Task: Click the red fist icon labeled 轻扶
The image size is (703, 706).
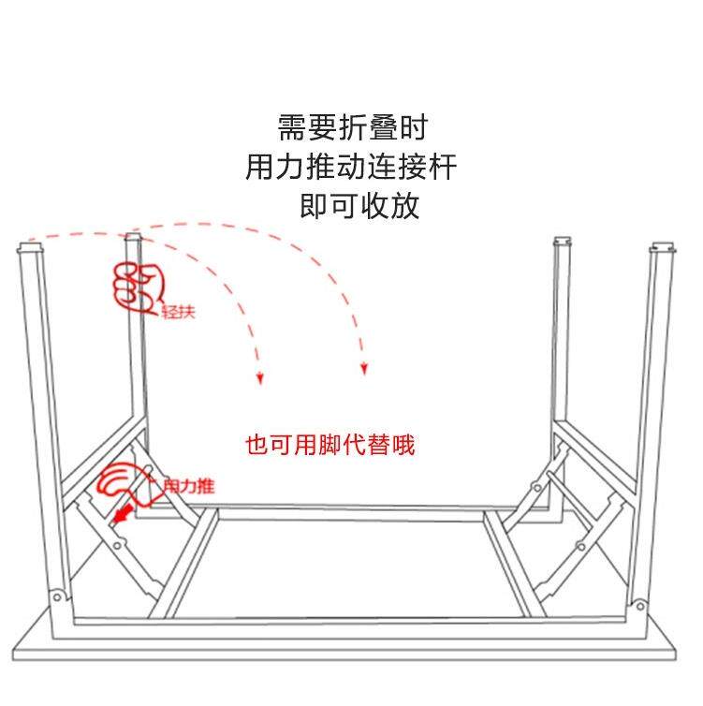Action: point(138,288)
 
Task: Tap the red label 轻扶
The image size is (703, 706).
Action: point(179,312)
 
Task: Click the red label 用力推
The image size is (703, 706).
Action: point(188,486)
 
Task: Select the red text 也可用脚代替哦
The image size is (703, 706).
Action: point(330,445)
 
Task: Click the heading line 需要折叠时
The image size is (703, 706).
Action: point(352,127)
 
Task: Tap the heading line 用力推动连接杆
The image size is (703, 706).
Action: point(351,167)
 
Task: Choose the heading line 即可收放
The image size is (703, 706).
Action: point(359,206)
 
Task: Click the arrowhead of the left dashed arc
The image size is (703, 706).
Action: point(259,377)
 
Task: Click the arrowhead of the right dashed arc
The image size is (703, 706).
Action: point(364,368)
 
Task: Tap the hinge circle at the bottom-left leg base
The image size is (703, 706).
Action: point(57,598)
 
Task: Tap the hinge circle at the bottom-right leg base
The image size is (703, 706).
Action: point(640,607)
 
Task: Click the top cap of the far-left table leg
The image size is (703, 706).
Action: point(31,248)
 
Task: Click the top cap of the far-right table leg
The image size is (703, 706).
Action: point(663,247)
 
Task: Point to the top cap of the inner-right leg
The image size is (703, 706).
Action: point(563,242)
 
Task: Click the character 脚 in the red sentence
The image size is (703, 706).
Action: point(330,445)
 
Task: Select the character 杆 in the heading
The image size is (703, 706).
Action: point(443,167)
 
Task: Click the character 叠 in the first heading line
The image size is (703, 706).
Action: point(383,127)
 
